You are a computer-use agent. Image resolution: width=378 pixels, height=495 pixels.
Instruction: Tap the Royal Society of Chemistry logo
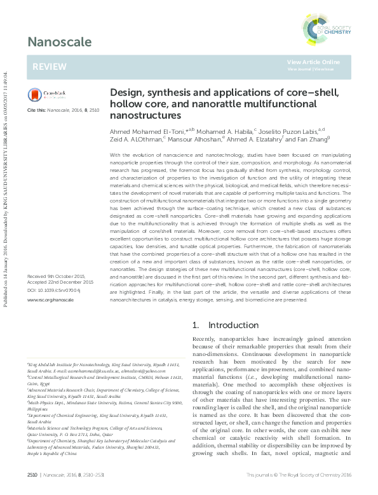(330, 25)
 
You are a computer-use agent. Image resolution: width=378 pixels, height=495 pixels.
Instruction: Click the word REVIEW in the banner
(45, 67)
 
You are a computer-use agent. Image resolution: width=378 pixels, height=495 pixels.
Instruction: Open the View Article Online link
(313, 62)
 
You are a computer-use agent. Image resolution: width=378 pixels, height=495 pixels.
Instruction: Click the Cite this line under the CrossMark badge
(62, 110)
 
